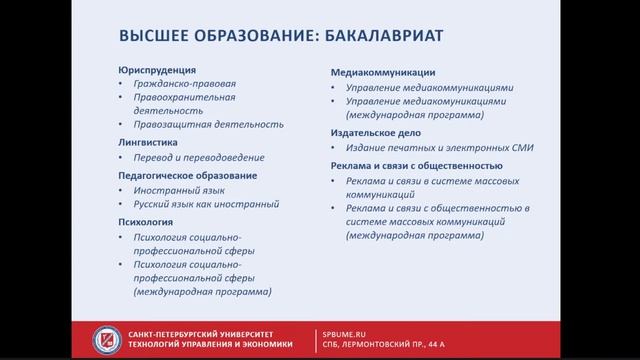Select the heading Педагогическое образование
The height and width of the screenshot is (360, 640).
187,175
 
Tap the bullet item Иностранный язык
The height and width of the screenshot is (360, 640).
179,190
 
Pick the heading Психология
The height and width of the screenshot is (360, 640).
146,221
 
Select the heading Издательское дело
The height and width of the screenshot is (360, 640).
375,132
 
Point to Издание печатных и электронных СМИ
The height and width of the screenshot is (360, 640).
440,148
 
